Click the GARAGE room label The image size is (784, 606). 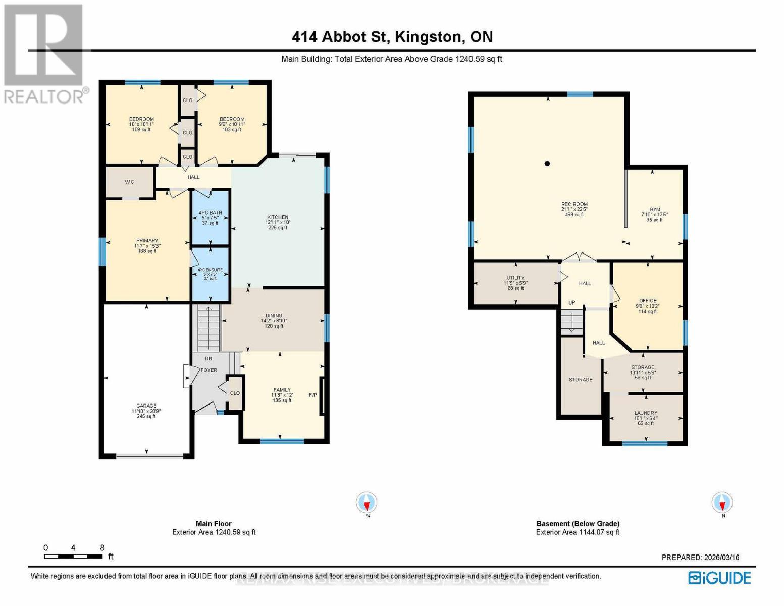coord(146,406)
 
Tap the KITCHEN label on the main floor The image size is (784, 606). coord(278,217)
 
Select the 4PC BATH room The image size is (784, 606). coord(210,213)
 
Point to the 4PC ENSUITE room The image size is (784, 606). coord(210,270)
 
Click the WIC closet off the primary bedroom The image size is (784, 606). coord(129,182)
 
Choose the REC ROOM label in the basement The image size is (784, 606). coord(574,205)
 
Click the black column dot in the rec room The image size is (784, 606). coord(547,164)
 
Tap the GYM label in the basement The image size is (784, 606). coord(655,210)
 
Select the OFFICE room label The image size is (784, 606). coord(648,301)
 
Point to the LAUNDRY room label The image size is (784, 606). coord(646,413)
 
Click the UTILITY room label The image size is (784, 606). coord(515,278)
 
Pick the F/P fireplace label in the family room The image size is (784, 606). coord(312,395)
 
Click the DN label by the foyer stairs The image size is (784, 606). coord(208,359)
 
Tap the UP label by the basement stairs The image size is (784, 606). coord(572,303)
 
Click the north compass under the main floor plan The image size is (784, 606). coord(367,503)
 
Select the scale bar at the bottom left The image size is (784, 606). coord(73,556)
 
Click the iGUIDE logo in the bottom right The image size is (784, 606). coord(720,578)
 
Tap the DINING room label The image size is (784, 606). coord(274,316)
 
